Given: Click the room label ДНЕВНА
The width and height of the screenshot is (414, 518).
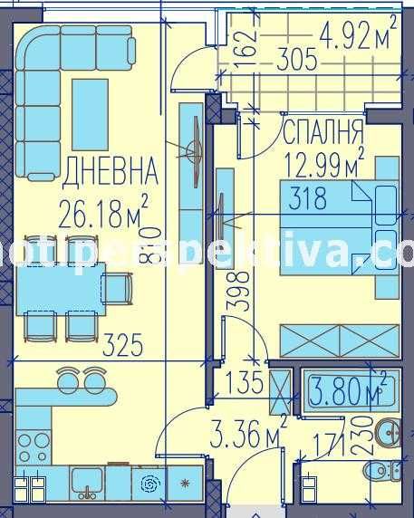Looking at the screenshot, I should [x=112, y=168].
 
